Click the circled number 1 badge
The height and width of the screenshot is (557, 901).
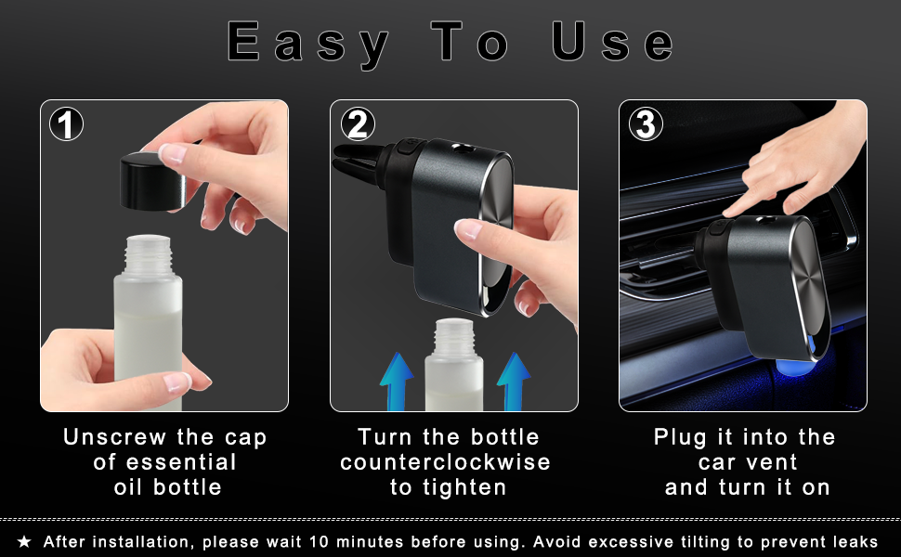point(66,123)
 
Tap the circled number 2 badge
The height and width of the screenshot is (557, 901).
point(357,123)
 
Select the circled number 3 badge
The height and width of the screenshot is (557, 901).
point(646,123)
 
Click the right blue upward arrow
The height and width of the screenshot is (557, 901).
point(513,381)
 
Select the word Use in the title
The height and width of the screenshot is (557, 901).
point(611,43)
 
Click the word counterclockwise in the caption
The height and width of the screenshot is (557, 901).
point(445,462)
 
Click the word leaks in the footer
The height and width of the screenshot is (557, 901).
point(854,541)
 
